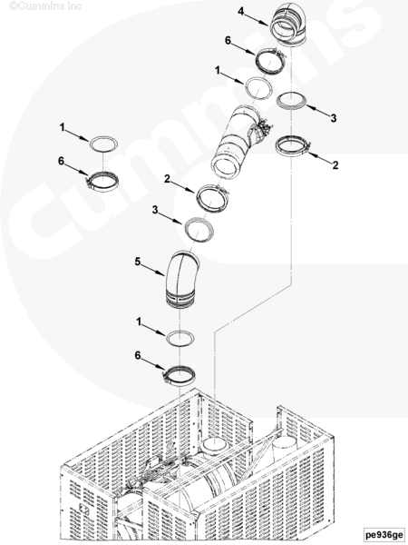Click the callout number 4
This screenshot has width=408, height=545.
(241, 12)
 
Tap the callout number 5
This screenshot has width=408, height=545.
(138, 262)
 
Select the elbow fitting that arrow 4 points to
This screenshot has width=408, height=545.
(288, 27)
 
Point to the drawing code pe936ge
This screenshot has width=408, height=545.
(384, 534)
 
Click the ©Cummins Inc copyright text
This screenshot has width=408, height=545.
(45, 6)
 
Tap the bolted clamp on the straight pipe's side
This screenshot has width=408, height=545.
(262, 133)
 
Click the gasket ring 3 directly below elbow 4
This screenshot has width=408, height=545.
(292, 101)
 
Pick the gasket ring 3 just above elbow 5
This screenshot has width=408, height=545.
(199, 229)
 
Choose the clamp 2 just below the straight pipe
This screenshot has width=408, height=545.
(213, 198)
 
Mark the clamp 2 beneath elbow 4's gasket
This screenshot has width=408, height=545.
(292, 146)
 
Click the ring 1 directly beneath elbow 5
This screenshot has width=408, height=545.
(180, 338)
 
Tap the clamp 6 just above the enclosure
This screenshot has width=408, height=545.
(179, 376)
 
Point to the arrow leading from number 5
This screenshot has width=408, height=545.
(153, 269)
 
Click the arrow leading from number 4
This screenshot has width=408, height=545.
(256, 19)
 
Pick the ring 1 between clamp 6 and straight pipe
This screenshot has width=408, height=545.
(258, 88)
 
